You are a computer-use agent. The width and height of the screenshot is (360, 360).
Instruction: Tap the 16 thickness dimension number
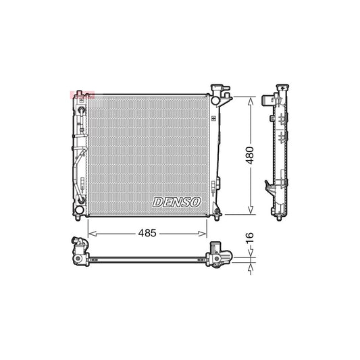coord(250,238)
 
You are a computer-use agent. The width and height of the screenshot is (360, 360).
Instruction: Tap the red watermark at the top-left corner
coord(80,95)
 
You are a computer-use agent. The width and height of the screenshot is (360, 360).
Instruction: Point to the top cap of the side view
coord(280,91)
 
